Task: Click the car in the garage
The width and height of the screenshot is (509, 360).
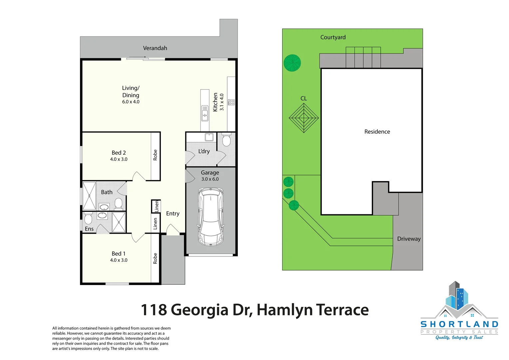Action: (211, 217)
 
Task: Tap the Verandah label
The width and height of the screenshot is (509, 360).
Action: (155, 48)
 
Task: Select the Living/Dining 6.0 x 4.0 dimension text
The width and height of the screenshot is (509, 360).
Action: (131, 102)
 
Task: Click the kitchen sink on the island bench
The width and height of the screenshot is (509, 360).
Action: (205, 113)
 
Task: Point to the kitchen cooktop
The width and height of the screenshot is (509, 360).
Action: (231, 102)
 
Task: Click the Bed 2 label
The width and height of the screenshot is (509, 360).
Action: (119, 153)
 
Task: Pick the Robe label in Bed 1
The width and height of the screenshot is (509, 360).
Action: (155, 258)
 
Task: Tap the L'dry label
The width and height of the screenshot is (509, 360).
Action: (204, 151)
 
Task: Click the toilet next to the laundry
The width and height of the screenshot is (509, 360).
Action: (226, 139)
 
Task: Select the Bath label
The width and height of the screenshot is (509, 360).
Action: (107, 192)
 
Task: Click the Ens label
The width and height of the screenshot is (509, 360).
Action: (89, 229)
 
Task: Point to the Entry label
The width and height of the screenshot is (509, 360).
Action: (173, 213)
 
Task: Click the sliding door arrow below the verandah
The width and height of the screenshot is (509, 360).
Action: (138, 57)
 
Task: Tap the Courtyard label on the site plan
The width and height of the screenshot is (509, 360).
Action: (333, 37)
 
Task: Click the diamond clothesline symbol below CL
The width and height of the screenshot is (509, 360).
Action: (303, 118)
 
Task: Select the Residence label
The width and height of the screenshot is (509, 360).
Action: (377, 132)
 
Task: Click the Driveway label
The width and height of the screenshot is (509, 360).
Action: (409, 239)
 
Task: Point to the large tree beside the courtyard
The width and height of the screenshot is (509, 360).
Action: (292, 63)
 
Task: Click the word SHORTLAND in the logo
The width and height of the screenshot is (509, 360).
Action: (459, 324)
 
